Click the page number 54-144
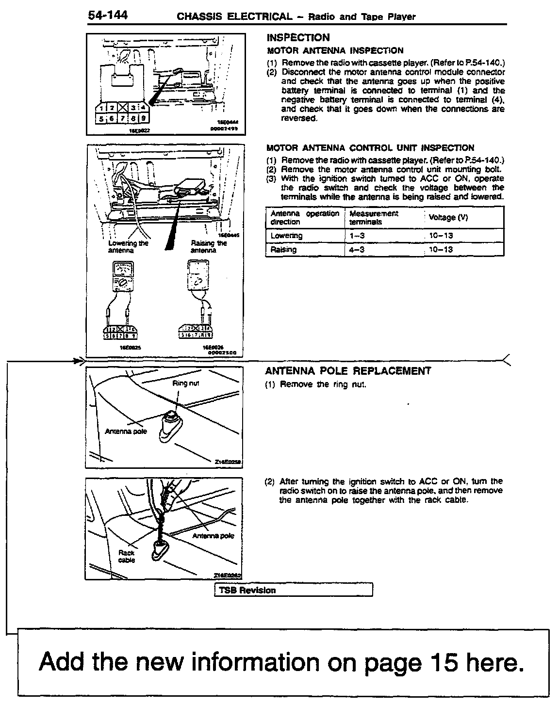(108, 16)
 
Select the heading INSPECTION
(298, 38)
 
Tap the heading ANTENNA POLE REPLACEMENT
(347, 371)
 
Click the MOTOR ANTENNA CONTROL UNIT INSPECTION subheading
(370, 148)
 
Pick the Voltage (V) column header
(448, 218)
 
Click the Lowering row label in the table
(286, 236)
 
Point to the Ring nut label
(186, 383)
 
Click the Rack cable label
(127, 556)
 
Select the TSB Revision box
(293, 590)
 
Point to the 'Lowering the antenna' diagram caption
(129, 246)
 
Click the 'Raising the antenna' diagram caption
(209, 246)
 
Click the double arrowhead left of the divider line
(78, 360)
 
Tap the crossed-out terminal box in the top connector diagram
(123, 108)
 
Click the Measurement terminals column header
(373, 218)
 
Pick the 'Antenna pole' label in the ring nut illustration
(126, 431)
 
